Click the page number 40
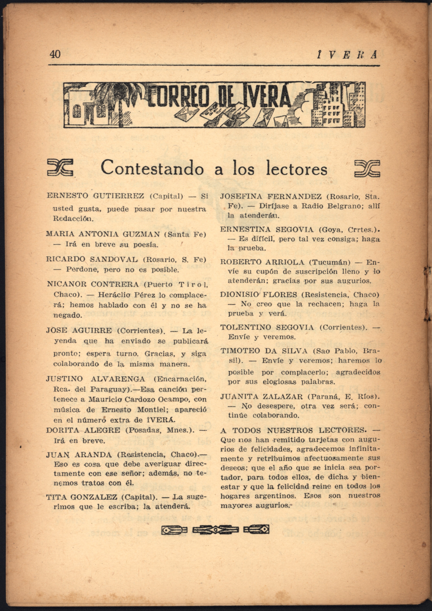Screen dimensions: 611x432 click(55, 54)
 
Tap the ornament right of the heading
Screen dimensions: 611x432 click(367, 168)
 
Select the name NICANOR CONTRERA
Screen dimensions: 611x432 click(93, 284)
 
